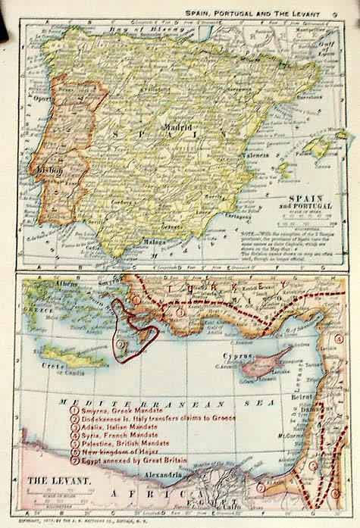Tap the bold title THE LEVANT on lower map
pos(55,480)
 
